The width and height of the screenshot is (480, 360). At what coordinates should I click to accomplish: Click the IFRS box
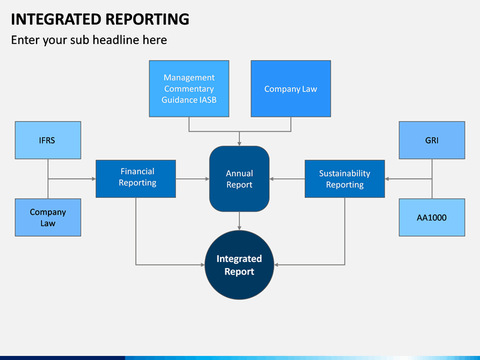pos(48,140)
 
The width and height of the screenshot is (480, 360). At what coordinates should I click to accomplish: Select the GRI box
pos(431,140)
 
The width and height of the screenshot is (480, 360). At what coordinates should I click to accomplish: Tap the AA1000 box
pos(431,217)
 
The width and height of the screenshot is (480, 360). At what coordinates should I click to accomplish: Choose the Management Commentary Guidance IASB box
pos(189,89)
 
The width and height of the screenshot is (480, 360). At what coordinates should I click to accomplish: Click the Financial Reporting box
pos(136,178)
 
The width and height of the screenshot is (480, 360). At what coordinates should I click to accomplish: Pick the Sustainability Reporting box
pos(345,179)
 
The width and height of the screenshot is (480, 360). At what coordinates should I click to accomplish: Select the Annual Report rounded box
pos(239,179)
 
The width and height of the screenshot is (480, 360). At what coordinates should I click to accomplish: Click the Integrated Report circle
pos(239,265)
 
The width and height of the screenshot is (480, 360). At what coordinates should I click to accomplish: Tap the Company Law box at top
pos(291,89)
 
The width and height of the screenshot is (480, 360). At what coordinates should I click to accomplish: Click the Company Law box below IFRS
pos(48,217)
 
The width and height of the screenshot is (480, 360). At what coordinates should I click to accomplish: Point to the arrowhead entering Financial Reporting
pos(93,179)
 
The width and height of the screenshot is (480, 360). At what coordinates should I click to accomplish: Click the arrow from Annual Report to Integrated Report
pos(239,221)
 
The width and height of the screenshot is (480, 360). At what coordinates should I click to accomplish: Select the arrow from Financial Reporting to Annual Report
pos(193,179)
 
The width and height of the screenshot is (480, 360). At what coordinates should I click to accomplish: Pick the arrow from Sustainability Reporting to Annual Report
pos(287,179)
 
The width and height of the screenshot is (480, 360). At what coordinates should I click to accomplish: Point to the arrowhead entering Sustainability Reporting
pos(388,179)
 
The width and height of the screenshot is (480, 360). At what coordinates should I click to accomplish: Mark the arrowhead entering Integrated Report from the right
pos(277,265)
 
